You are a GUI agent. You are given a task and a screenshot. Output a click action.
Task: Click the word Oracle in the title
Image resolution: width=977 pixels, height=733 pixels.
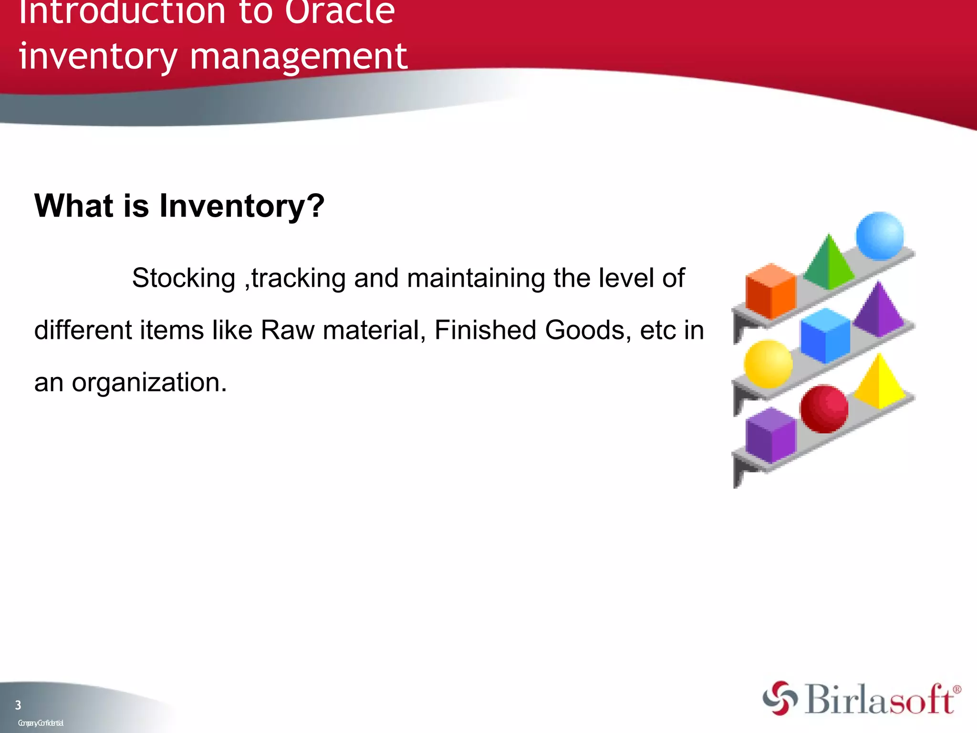pyautogui.click(x=340, y=11)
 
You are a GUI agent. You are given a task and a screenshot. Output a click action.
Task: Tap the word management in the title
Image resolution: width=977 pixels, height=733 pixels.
pyautogui.click(x=299, y=56)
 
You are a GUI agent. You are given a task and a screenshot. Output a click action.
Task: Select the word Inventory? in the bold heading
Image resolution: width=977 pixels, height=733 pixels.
pyautogui.click(x=241, y=206)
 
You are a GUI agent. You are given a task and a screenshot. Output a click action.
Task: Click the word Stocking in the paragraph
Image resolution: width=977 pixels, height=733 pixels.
pyautogui.click(x=184, y=278)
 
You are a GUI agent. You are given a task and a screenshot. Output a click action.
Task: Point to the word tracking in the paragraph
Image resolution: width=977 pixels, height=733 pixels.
pyautogui.click(x=299, y=278)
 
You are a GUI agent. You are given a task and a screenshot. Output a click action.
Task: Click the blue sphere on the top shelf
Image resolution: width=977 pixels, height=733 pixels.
pyautogui.click(x=879, y=236)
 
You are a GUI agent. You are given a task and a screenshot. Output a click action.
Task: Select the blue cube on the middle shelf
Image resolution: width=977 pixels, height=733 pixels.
pyautogui.click(x=825, y=335)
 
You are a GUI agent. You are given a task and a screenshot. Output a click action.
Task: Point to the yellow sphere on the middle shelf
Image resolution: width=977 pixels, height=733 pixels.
pyautogui.click(x=768, y=364)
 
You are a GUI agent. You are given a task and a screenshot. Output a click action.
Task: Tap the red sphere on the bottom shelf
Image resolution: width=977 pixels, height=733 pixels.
pyautogui.click(x=824, y=409)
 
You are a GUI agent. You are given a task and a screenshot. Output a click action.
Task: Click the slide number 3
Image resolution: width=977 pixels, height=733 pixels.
pyautogui.click(x=18, y=705)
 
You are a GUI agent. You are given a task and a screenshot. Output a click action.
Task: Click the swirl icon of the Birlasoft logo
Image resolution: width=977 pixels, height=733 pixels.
pyautogui.click(x=780, y=698)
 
